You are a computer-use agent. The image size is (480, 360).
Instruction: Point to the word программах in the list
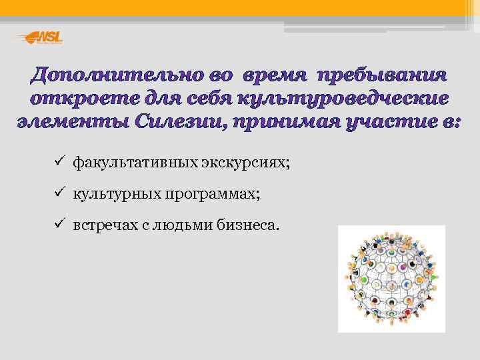pos(213,194)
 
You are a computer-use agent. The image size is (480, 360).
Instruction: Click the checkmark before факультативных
pos(59,161)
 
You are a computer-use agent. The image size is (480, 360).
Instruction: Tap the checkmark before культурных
pos(59,193)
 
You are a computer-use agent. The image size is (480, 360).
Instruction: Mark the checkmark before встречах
pos(59,225)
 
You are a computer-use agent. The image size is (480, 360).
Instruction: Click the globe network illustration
pos(391,279)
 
